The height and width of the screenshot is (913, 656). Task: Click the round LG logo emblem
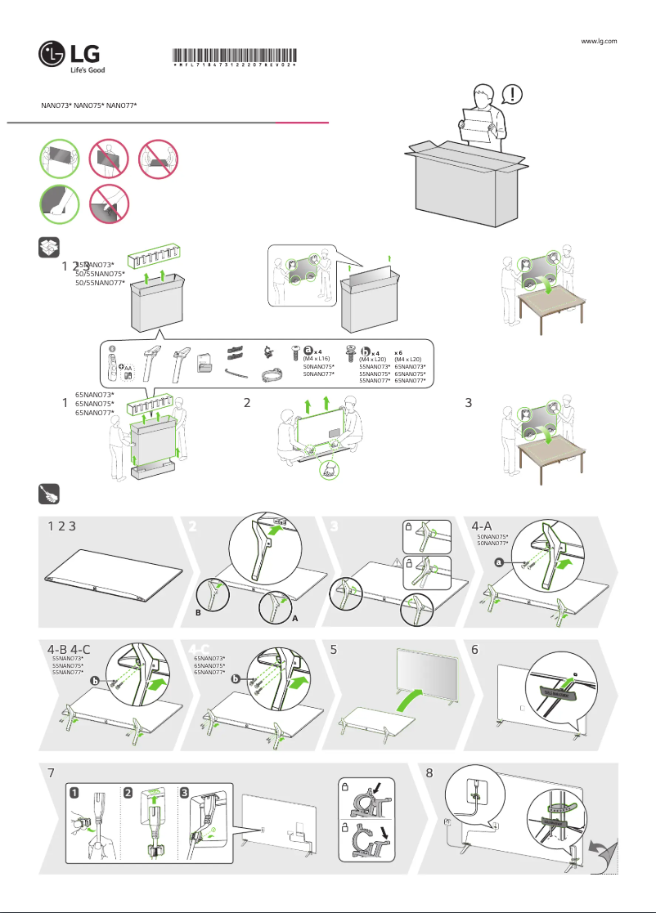(54, 56)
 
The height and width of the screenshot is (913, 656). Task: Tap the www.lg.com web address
(597, 40)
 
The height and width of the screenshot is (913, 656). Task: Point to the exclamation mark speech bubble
(512, 95)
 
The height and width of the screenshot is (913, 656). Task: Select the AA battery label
(128, 368)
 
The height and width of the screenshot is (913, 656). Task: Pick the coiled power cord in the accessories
(271, 378)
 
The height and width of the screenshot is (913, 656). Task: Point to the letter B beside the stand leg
(197, 611)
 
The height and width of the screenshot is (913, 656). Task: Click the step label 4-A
(483, 527)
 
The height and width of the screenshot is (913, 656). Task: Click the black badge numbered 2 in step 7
(128, 792)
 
